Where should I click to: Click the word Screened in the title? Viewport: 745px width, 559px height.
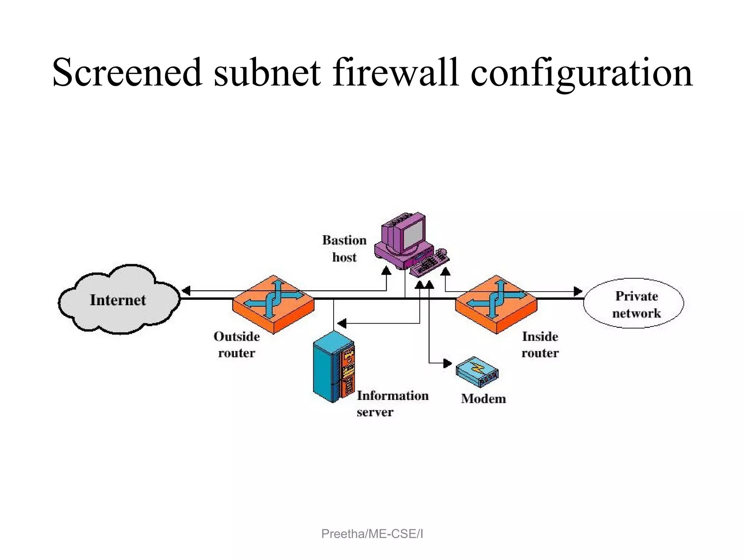click(127, 72)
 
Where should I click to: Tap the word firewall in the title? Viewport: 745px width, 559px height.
click(395, 72)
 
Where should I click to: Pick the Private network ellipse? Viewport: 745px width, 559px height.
click(633, 303)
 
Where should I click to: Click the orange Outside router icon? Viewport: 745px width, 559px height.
click(273, 304)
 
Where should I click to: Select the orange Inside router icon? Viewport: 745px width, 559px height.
click(496, 304)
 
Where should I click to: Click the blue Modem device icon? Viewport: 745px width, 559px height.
click(477, 372)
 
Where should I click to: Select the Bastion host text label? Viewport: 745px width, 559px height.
click(344, 249)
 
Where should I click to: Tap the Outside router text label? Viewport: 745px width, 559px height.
click(236, 344)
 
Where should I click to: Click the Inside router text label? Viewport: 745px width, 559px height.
click(540, 344)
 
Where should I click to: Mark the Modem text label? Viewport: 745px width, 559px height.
click(483, 399)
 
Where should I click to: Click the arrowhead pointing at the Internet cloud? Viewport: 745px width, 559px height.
click(186, 291)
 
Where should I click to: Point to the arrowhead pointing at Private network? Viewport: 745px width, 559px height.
click(578, 291)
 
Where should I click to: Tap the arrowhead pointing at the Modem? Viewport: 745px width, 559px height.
click(447, 363)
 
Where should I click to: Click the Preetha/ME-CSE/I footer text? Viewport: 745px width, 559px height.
click(372, 534)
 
